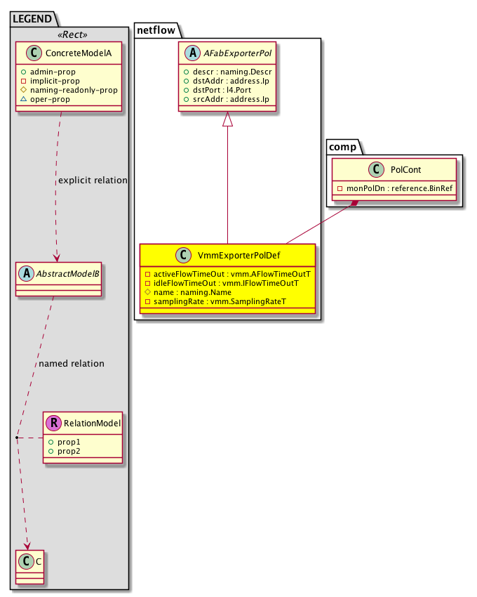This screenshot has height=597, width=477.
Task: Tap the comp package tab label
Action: pos(342,146)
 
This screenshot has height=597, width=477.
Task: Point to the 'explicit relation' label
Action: pos(93,181)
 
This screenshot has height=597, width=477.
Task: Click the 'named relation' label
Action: pos(72,364)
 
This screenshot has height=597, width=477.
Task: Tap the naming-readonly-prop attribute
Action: pos(74,90)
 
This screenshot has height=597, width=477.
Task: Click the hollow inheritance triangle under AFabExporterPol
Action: pos(227,121)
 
